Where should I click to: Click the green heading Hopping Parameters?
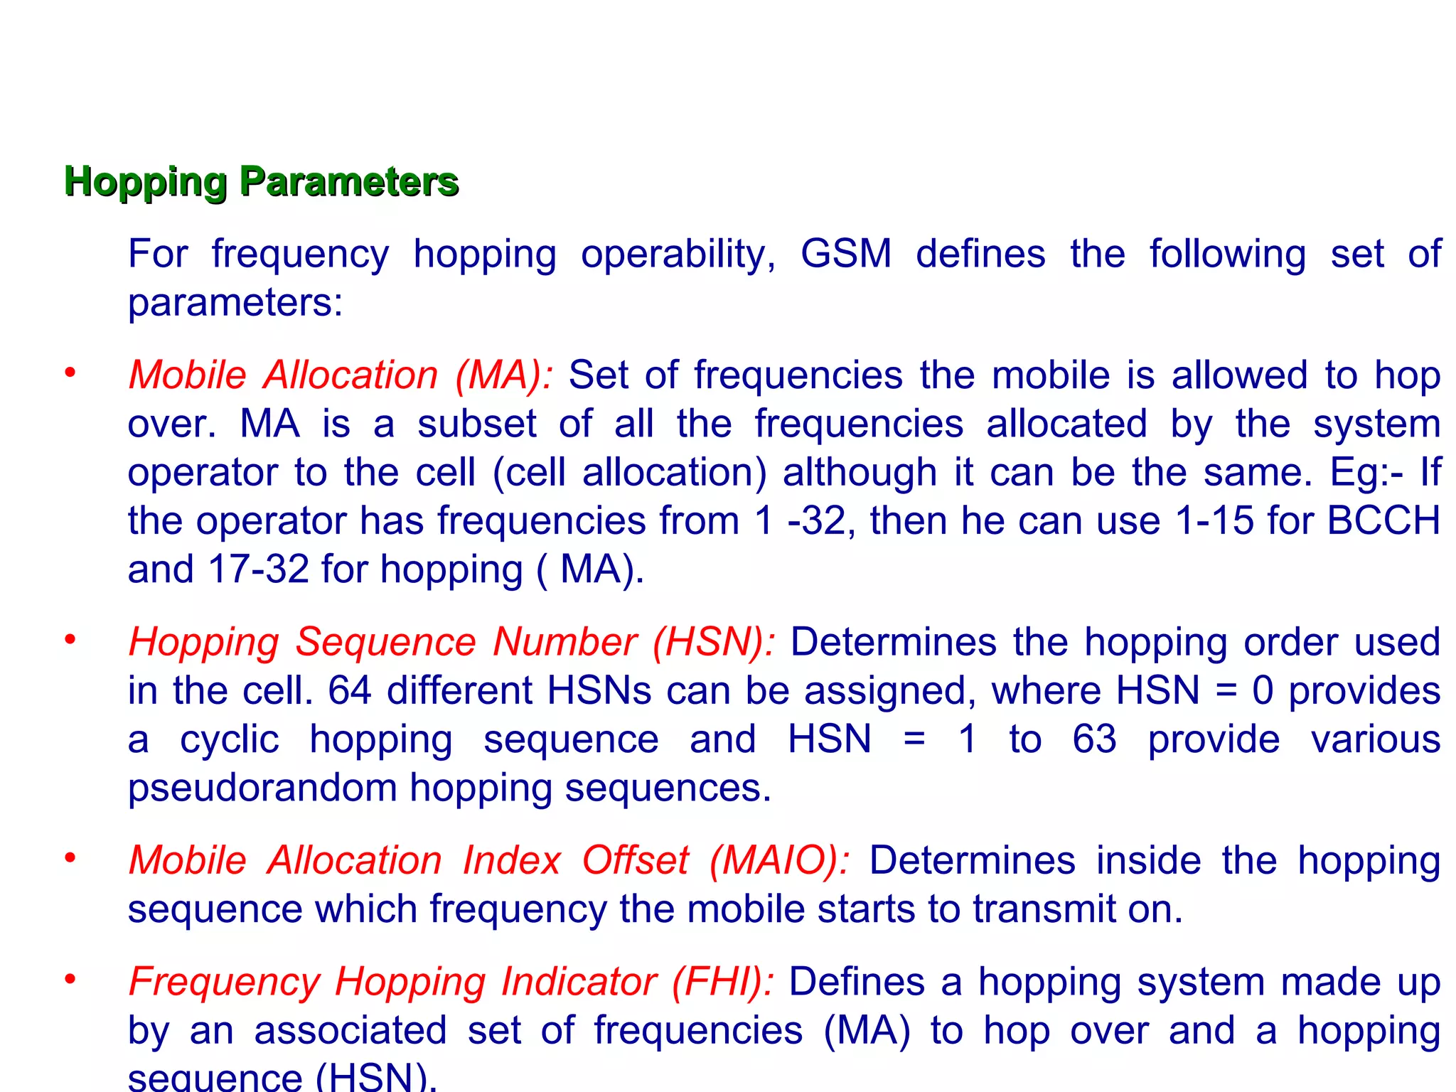click(x=261, y=181)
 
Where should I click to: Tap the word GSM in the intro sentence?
click(x=845, y=254)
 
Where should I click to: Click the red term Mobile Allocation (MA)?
click(x=341, y=375)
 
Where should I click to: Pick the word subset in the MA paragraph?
click(x=476, y=424)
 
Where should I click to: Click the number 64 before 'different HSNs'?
click(x=350, y=690)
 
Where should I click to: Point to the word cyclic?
click(x=229, y=740)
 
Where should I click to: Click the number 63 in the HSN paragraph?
click(x=1094, y=739)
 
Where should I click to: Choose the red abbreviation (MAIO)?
click(x=779, y=860)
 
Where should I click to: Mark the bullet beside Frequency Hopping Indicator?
click(x=70, y=980)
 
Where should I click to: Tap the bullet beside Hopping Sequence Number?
click(x=70, y=640)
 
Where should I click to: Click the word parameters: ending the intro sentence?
click(x=235, y=304)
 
